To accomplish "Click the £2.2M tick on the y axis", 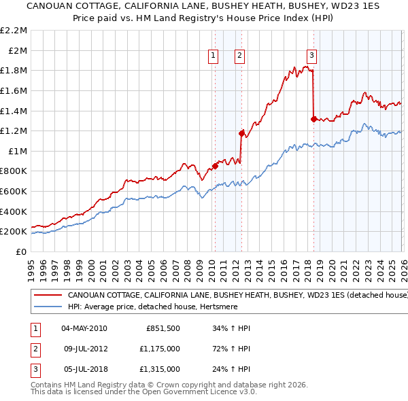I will pyautogui.click(x=14, y=31).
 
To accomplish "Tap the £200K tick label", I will pyautogui.click(x=14, y=232).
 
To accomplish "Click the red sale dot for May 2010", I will pyautogui.click(x=215, y=165).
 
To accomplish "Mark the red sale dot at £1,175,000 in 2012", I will pyautogui.click(x=241, y=133).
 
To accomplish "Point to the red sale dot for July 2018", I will pyautogui.click(x=313, y=119).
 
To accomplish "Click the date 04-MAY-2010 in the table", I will pyautogui.click(x=84, y=328).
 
